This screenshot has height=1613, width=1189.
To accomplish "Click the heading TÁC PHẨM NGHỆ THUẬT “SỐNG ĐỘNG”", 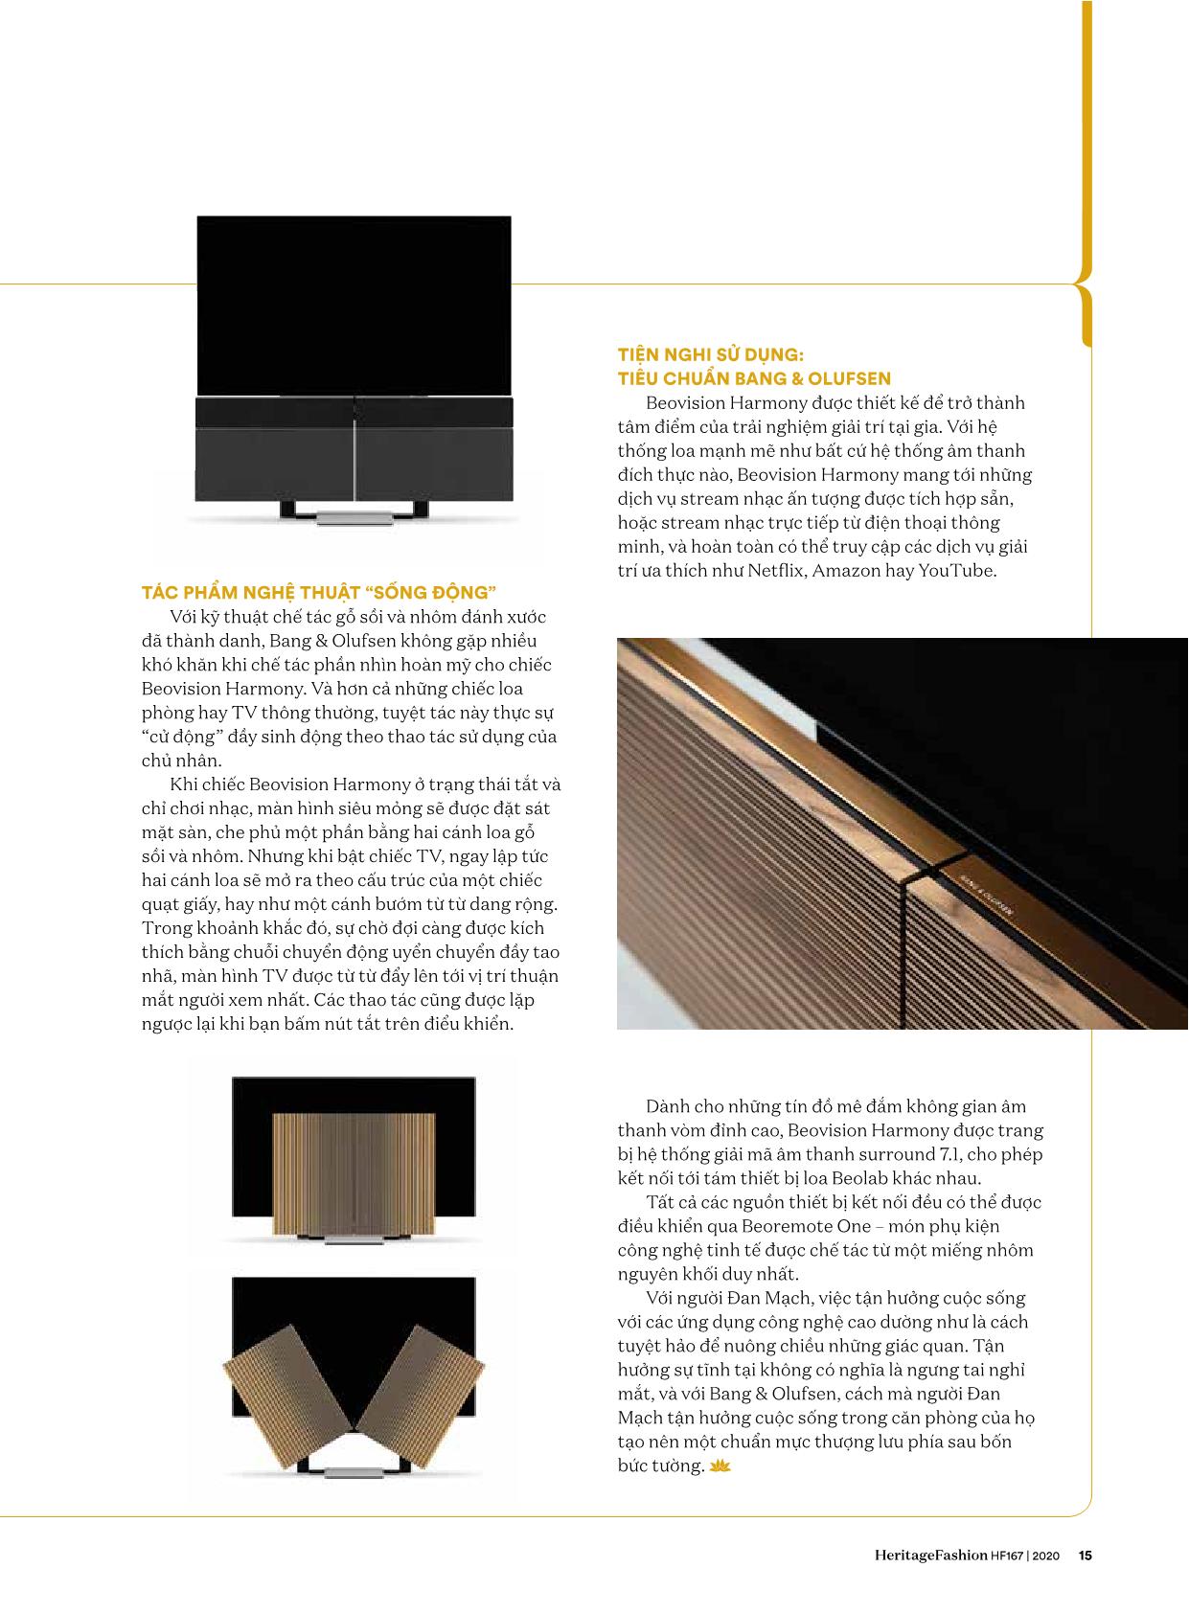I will tap(319, 592).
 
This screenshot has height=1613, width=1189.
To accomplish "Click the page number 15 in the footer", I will tap(1085, 1556).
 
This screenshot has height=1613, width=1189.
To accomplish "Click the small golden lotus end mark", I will tap(720, 1466).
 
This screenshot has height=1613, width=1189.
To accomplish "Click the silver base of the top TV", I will tap(354, 518).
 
